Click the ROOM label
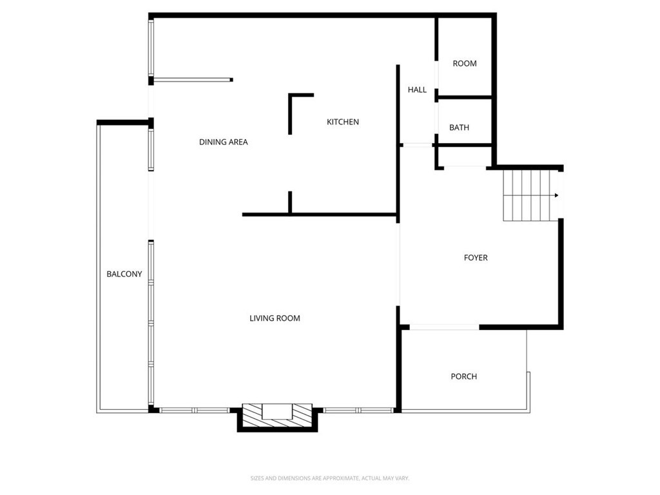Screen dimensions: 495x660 coord(464,63)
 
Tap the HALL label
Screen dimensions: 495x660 coord(417,90)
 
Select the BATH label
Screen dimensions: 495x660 coord(459,128)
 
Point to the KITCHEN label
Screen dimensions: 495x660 coord(342,122)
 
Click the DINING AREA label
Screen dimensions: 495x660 coord(223,142)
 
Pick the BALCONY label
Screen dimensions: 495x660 coord(124,274)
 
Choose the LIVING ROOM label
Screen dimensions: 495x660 coord(275,318)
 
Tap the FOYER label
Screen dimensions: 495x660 coord(476,258)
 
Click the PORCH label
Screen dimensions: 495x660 coord(463,376)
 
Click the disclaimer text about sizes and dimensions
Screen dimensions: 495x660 coord(330,478)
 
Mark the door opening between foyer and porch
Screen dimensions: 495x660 coord(444,327)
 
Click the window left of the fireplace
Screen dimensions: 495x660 coord(194,410)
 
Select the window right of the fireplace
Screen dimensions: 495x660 coord(358,410)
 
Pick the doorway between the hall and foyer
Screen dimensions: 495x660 coord(416,145)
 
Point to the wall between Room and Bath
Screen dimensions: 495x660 coord(464,97)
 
